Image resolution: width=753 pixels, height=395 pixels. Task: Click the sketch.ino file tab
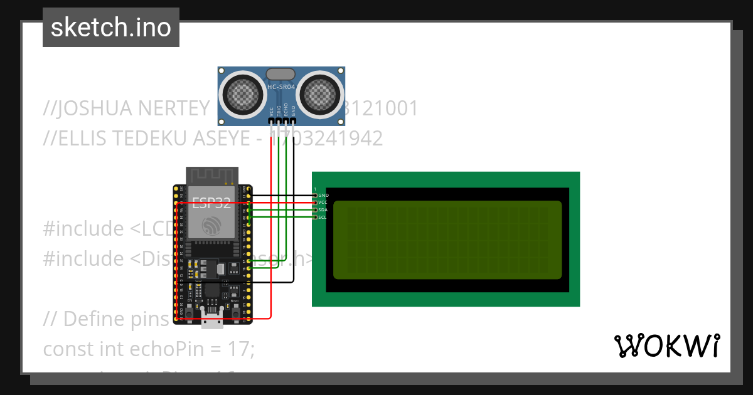(110, 28)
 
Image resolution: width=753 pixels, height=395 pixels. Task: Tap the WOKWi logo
(666, 346)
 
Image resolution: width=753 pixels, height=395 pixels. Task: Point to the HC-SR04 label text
(281, 88)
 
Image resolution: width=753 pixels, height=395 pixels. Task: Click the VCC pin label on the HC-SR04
(271, 112)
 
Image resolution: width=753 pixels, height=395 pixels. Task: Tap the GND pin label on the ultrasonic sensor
(293, 112)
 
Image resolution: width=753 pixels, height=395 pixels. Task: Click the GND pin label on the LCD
(323, 196)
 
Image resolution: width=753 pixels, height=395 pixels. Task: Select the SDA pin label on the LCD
(323, 210)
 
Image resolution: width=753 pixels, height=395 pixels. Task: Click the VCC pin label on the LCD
(323, 203)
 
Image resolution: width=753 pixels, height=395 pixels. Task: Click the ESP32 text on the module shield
(211, 203)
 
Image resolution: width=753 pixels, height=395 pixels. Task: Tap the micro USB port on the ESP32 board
(212, 321)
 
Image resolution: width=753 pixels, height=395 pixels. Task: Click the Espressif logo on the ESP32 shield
(211, 224)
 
